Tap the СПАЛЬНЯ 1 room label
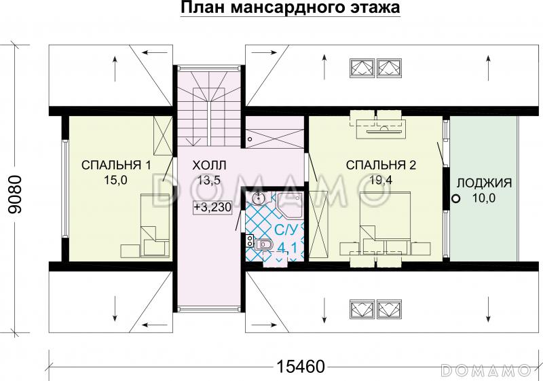click(116, 165)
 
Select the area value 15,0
click(115, 179)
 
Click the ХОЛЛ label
click(209, 165)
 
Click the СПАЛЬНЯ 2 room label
click(380, 165)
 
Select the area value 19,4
click(380, 179)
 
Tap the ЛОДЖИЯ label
click(484, 183)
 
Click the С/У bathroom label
click(284, 229)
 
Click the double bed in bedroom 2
click(383, 221)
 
